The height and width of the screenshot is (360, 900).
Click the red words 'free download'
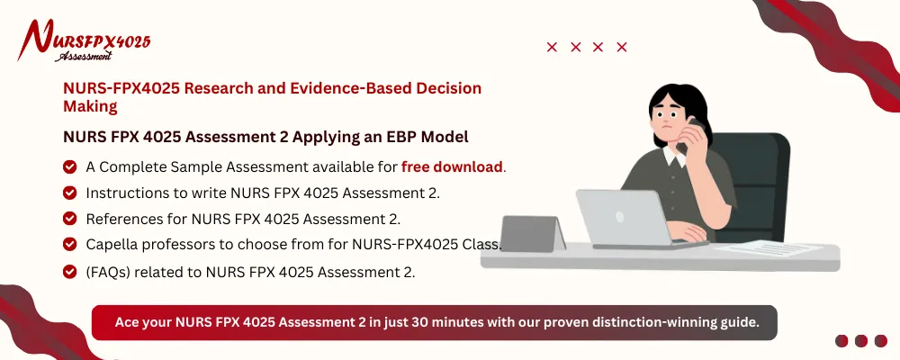pos(452,166)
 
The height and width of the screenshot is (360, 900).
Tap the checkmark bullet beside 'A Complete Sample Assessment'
pos(69,166)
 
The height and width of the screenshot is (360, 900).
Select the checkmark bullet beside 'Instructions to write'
pos(69,193)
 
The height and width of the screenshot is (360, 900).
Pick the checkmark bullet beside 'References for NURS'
pos(69,219)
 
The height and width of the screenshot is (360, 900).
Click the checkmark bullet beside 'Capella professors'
pos(69,245)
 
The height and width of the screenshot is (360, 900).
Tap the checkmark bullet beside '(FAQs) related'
pos(69,272)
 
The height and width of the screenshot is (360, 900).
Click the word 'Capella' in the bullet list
pos(114,245)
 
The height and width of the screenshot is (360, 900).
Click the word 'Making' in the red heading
pos(90,106)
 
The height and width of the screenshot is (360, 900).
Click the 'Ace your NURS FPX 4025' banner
pos(434,322)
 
